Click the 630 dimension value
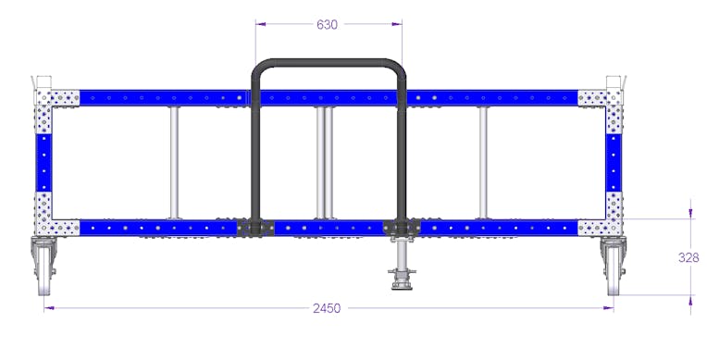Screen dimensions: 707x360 click(327, 24)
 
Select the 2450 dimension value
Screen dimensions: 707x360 click(327, 308)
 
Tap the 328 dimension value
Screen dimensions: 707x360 click(688, 257)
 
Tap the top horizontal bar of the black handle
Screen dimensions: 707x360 click(329, 63)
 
